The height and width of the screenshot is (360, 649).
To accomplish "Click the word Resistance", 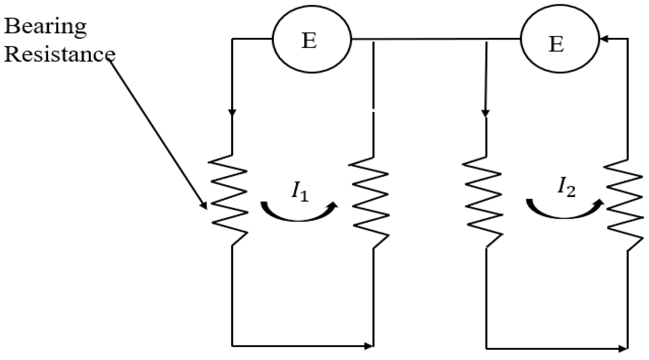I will (x=59, y=54).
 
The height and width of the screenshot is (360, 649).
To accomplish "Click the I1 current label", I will (x=300, y=191).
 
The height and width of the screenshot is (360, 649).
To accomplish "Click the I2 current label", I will (x=566, y=188).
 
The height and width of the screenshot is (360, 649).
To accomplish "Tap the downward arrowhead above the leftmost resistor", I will (x=232, y=112).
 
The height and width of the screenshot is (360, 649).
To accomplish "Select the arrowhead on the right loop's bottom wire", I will (x=622, y=348).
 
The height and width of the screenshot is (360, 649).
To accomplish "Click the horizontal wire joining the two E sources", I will (x=435, y=39).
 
